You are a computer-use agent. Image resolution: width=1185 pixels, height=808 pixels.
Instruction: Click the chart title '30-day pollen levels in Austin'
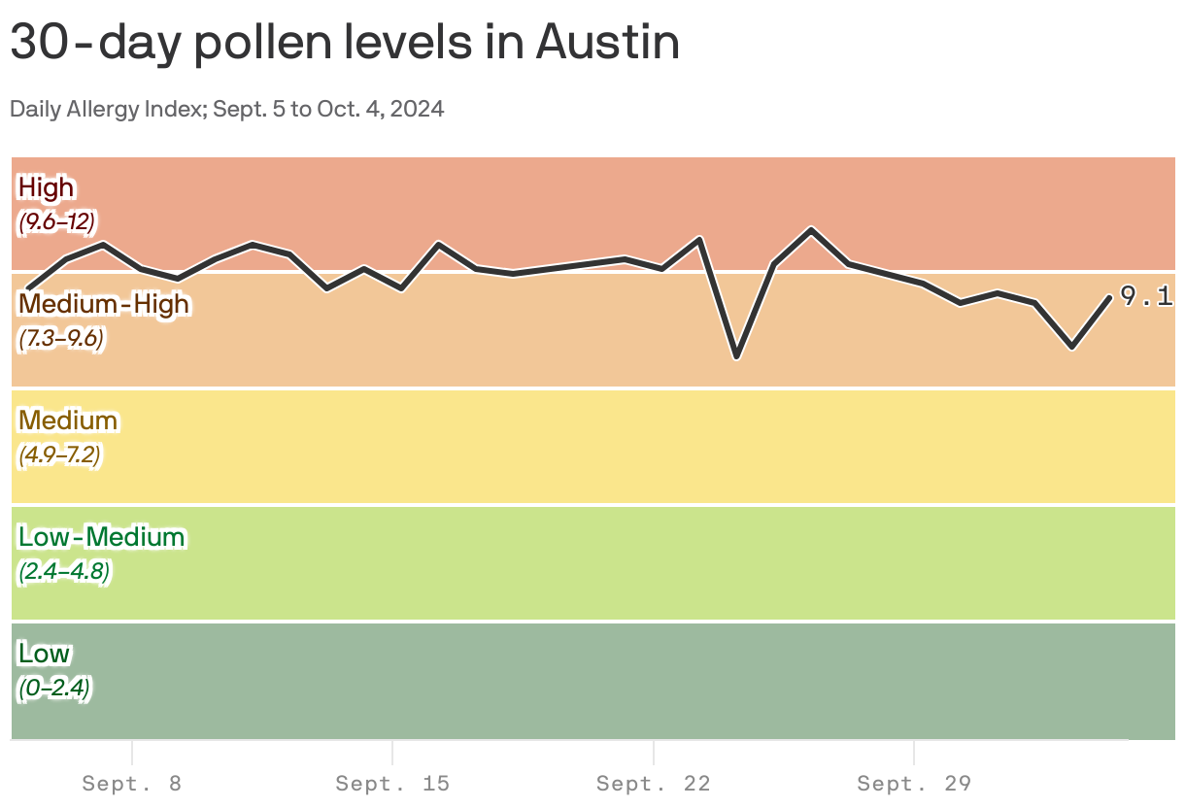pyautogui.click(x=345, y=43)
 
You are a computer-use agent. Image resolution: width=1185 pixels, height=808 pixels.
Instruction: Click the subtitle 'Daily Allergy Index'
pyautogui.click(x=105, y=109)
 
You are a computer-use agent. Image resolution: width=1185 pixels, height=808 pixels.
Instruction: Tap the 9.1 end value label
pyautogui.click(x=1146, y=296)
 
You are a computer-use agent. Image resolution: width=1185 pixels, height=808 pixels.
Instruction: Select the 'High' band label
pyautogui.click(x=46, y=186)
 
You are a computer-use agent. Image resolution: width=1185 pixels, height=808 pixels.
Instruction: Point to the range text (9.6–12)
pyautogui.click(x=56, y=221)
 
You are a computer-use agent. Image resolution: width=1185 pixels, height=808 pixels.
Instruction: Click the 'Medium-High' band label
pyautogui.click(x=104, y=304)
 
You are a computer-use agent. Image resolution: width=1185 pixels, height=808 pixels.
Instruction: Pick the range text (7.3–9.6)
pyautogui.click(x=60, y=339)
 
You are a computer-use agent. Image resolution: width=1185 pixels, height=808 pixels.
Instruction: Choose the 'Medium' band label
pyautogui.click(x=68, y=421)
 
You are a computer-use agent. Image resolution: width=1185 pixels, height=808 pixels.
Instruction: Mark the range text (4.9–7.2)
pyautogui.click(x=59, y=454)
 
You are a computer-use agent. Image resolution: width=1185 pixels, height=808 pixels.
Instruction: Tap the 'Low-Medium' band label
pyautogui.click(x=101, y=537)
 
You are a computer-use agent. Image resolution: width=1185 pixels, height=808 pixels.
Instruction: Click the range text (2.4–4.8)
pyautogui.click(x=64, y=572)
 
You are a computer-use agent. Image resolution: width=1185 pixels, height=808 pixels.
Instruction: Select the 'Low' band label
pyautogui.click(x=44, y=653)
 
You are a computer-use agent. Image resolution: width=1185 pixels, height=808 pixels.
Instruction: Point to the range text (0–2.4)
pyautogui.click(x=54, y=689)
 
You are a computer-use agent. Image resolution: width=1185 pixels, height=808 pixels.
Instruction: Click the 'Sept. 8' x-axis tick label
pyautogui.click(x=131, y=784)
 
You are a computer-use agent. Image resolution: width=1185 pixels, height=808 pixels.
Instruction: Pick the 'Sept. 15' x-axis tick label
pyautogui.click(x=392, y=784)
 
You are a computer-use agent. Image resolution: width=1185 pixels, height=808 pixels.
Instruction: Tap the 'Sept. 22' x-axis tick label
pyautogui.click(x=654, y=784)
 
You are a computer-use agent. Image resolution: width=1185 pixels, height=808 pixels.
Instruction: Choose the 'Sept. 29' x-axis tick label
pyautogui.click(x=914, y=784)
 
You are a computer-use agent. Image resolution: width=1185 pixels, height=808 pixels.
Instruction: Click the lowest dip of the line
pyautogui.click(x=737, y=357)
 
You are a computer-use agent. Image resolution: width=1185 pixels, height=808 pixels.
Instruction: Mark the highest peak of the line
pyautogui.click(x=811, y=229)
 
